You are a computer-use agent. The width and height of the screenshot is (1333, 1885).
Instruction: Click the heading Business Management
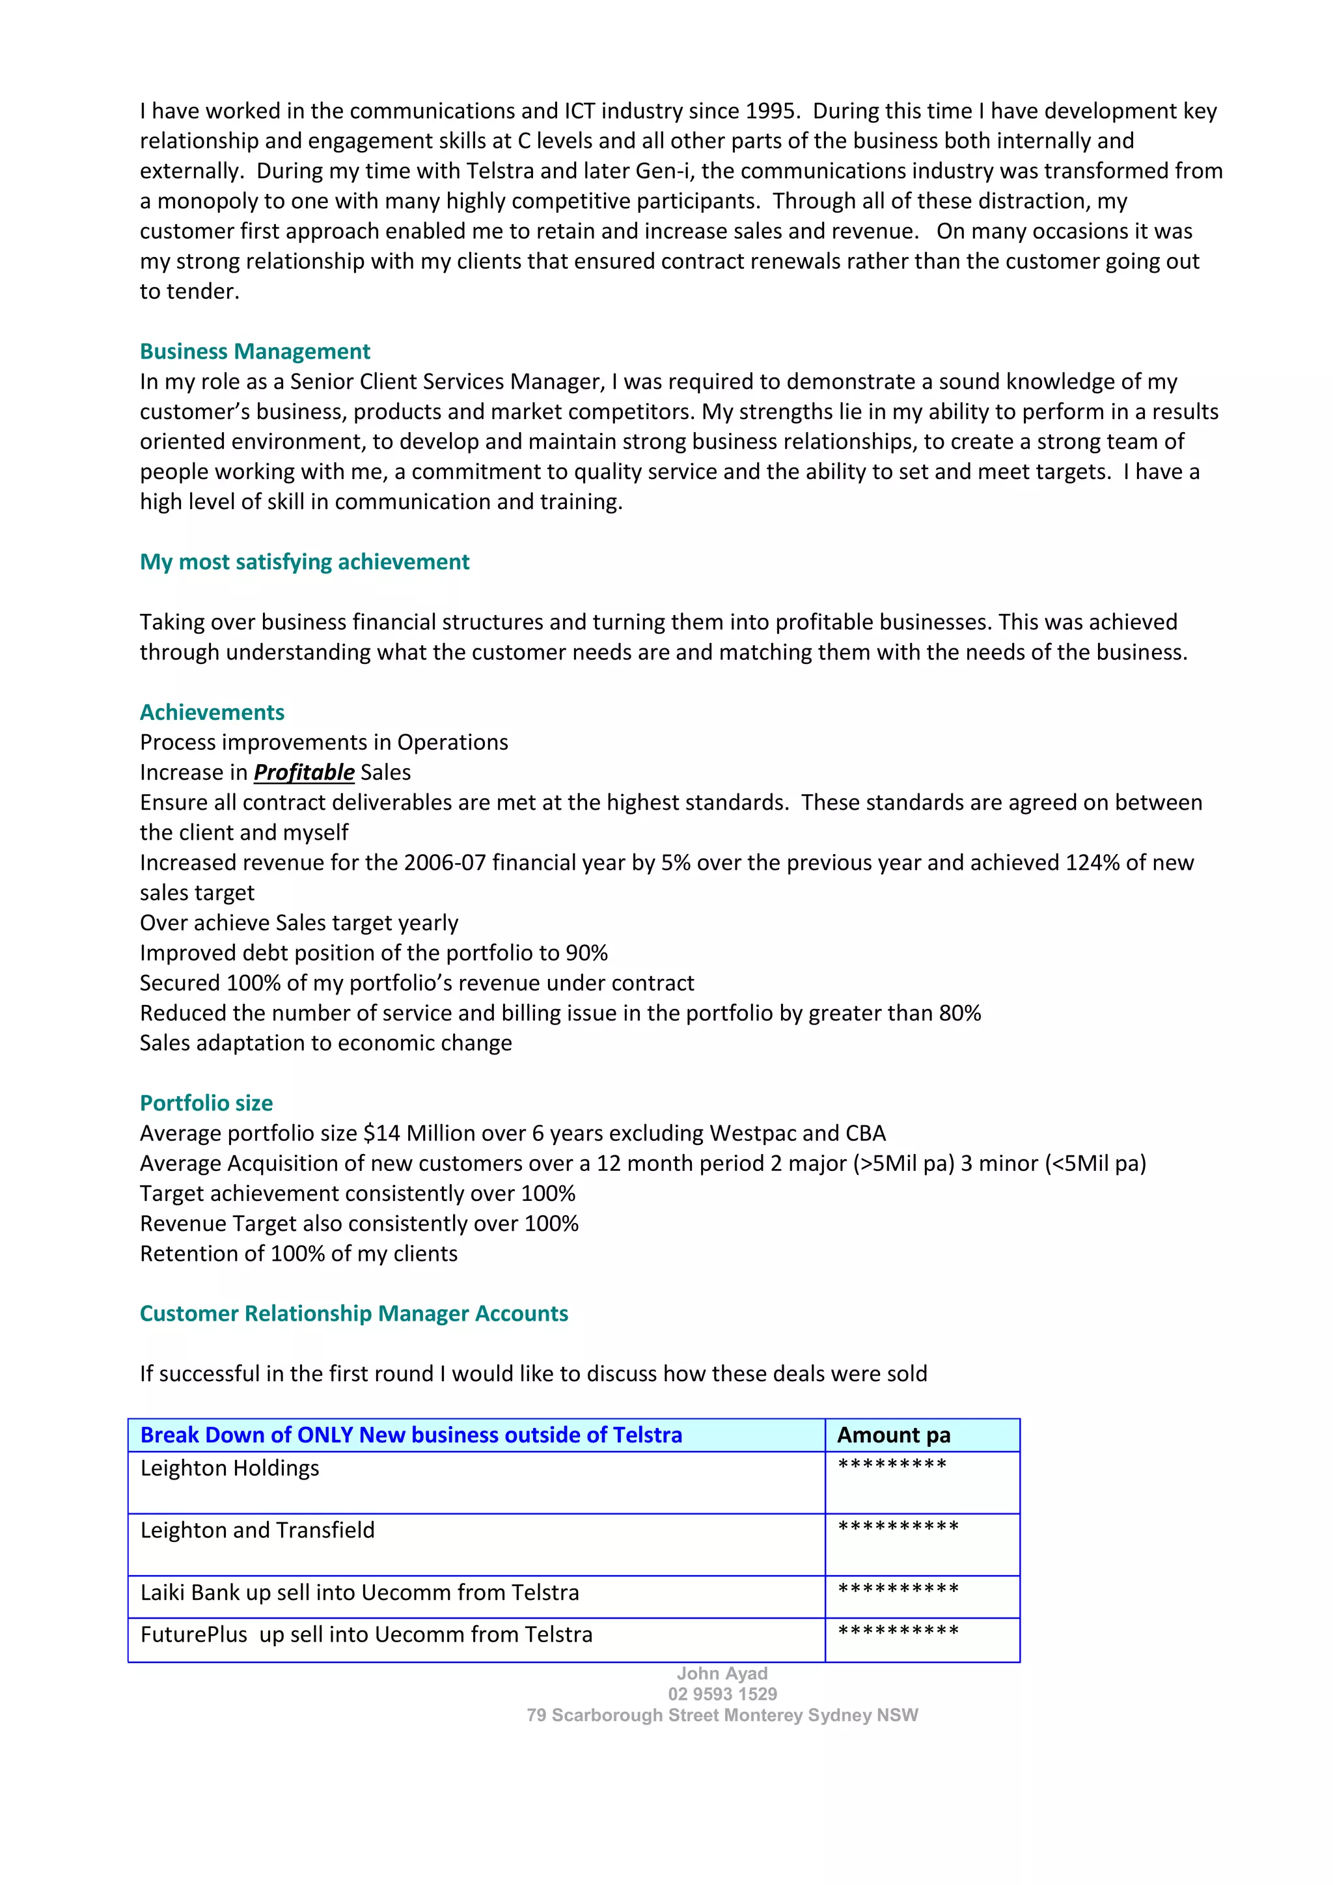(x=254, y=351)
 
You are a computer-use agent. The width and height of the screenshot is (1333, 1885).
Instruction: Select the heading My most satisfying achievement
(x=304, y=562)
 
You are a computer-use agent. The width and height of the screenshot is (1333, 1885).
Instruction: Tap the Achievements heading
(x=212, y=712)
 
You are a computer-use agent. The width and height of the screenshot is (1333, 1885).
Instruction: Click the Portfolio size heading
(x=206, y=1103)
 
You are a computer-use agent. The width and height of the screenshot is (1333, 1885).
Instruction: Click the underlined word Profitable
(x=304, y=773)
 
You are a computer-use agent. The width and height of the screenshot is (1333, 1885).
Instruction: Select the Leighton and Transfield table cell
(x=257, y=1530)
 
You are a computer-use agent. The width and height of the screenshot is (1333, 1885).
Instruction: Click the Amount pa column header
(x=893, y=1435)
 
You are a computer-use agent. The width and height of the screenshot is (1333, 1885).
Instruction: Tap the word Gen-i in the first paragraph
(x=663, y=171)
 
